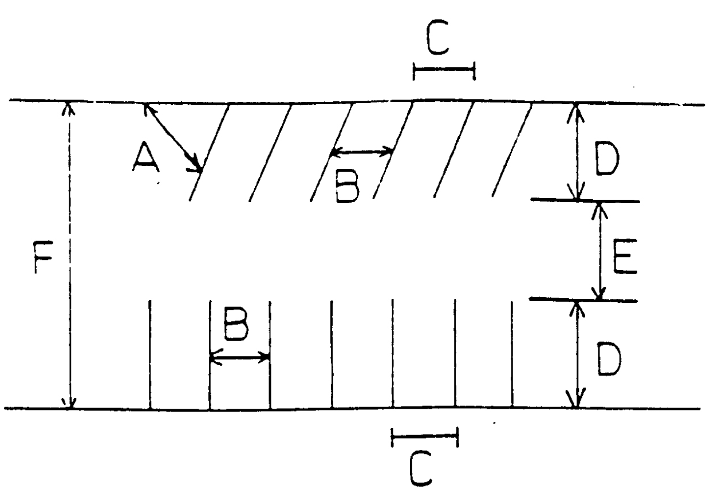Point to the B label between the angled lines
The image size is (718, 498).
point(349,187)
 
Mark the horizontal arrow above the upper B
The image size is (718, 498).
point(362,152)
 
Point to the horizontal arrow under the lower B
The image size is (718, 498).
point(240,358)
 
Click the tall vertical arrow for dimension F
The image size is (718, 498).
point(70,256)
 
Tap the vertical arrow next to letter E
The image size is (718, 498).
point(599,251)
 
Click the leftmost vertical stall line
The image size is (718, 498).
point(150,355)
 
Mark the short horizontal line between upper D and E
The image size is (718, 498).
point(584,201)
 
